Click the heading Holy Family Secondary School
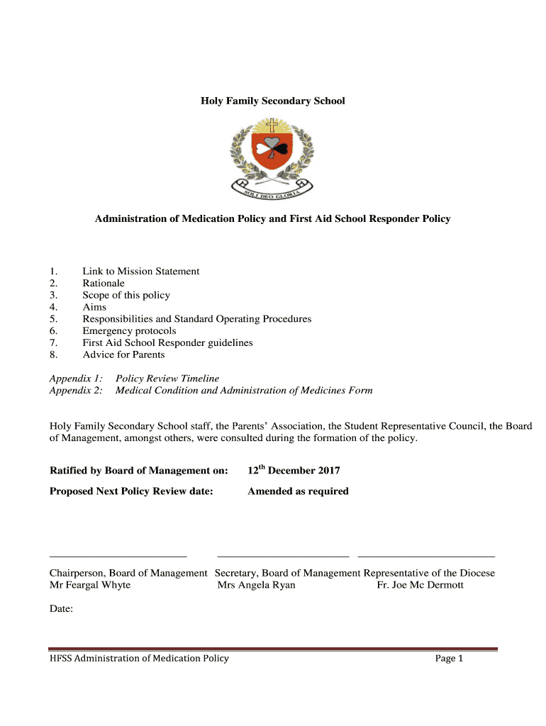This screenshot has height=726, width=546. pyautogui.click(x=272, y=101)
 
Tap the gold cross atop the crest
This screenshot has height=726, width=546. pyautogui.click(x=272, y=126)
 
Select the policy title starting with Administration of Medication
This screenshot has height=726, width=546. pyautogui.click(x=272, y=218)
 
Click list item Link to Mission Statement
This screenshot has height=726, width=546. pyautogui.click(x=140, y=271)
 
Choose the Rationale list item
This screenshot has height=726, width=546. pyautogui.click(x=104, y=283)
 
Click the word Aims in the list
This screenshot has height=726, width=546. pyautogui.click(x=94, y=307)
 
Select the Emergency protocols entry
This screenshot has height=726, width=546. pyautogui.click(x=129, y=330)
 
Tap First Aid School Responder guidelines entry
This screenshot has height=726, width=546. pyautogui.click(x=167, y=342)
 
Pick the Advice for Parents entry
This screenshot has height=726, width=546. pyautogui.click(x=123, y=354)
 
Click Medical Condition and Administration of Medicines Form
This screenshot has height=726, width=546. pyautogui.click(x=244, y=391)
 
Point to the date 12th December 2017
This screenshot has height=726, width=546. pyautogui.click(x=294, y=470)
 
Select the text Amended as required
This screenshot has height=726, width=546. pyautogui.click(x=298, y=491)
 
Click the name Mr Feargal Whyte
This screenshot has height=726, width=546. pyautogui.click(x=90, y=585)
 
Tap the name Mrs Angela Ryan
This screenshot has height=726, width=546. pyautogui.click(x=256, y=585)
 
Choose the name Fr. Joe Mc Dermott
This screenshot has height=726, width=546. pyautogui.click(x=420, y=585)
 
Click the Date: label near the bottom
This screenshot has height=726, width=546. pyautogui.click(x=61, y=608)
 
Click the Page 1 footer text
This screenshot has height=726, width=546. pyautogui.click(x=449, y=659)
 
